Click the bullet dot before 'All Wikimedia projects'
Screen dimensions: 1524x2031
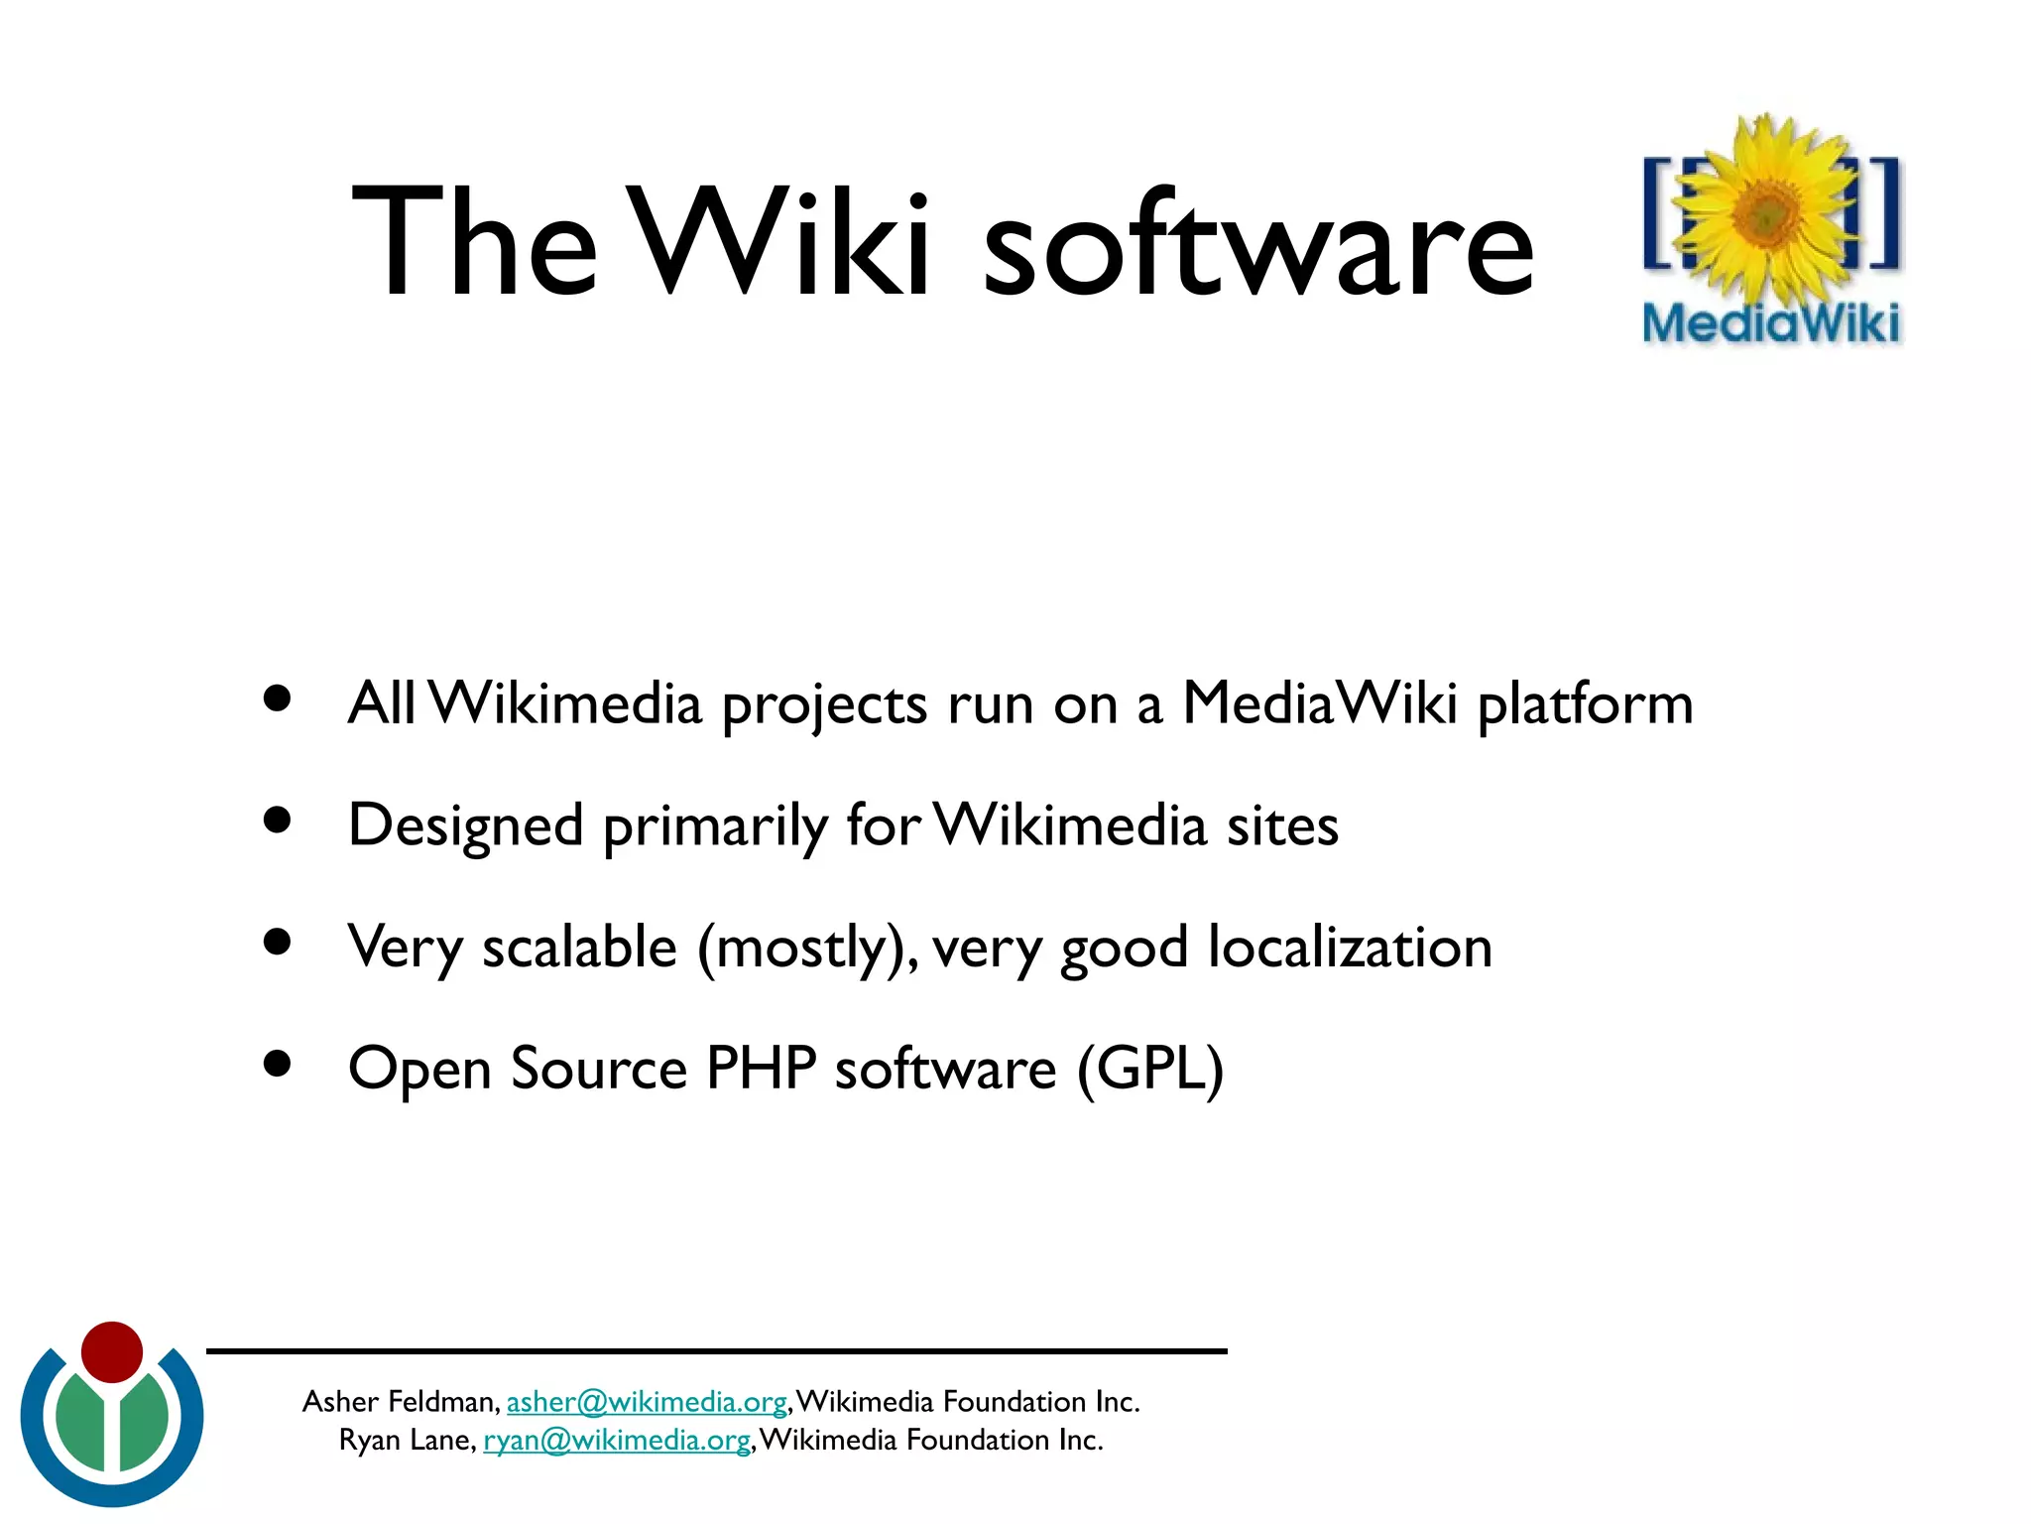click(x=278, y=698)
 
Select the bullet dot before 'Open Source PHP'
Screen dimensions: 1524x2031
click(x=278, y=1064)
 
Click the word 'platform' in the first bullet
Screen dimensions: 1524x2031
click(x=1585, y=704)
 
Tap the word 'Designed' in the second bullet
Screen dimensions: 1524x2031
click(x=465, y=825)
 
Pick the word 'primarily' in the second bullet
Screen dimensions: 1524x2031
click(x=715, y=825)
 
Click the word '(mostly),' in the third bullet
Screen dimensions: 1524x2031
click(x=807, y=948)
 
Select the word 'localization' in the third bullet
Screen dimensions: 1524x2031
click(x=1350, y=948)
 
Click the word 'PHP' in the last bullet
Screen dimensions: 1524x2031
click(x=761, y=1069)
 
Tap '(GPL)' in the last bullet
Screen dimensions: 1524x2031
click(x=1150, y=1069)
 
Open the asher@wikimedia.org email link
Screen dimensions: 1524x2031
click(x=647, y=1401)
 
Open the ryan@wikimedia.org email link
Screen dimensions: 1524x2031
click(x=616, y=1440)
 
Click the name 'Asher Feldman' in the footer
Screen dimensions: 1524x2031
click(x=399, y=1401)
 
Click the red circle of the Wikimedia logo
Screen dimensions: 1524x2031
click(x=112, y=1351)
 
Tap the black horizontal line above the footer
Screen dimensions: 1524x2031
click(x=716, y=1350)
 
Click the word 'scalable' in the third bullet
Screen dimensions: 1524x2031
click(x=579, y=948)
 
